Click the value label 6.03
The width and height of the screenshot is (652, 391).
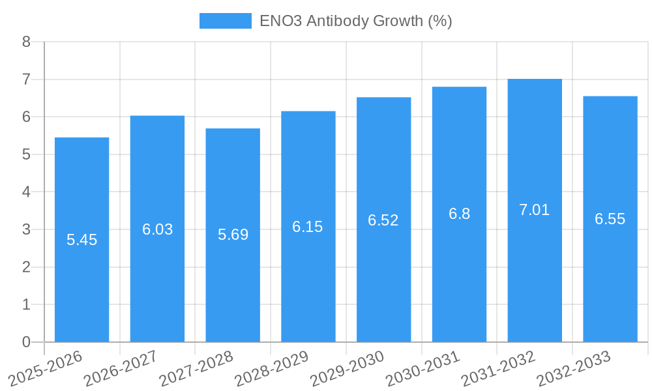[157, 229]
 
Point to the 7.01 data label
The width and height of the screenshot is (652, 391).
[535, 210]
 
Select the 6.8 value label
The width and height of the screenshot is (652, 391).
[459, 214]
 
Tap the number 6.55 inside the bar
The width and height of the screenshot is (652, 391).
[610, 219]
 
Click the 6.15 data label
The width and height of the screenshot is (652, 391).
[308, 227]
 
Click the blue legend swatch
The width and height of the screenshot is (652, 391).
[225, 21]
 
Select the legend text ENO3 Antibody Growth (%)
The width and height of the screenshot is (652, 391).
[355, 21]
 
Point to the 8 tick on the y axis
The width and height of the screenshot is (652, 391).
[27, 42]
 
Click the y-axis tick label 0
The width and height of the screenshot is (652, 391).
[27, 342]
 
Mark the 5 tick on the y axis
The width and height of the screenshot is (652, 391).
[27, 155]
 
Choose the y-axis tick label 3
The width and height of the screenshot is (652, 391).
[27, 230]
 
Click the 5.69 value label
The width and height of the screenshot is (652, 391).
[233, 235]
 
